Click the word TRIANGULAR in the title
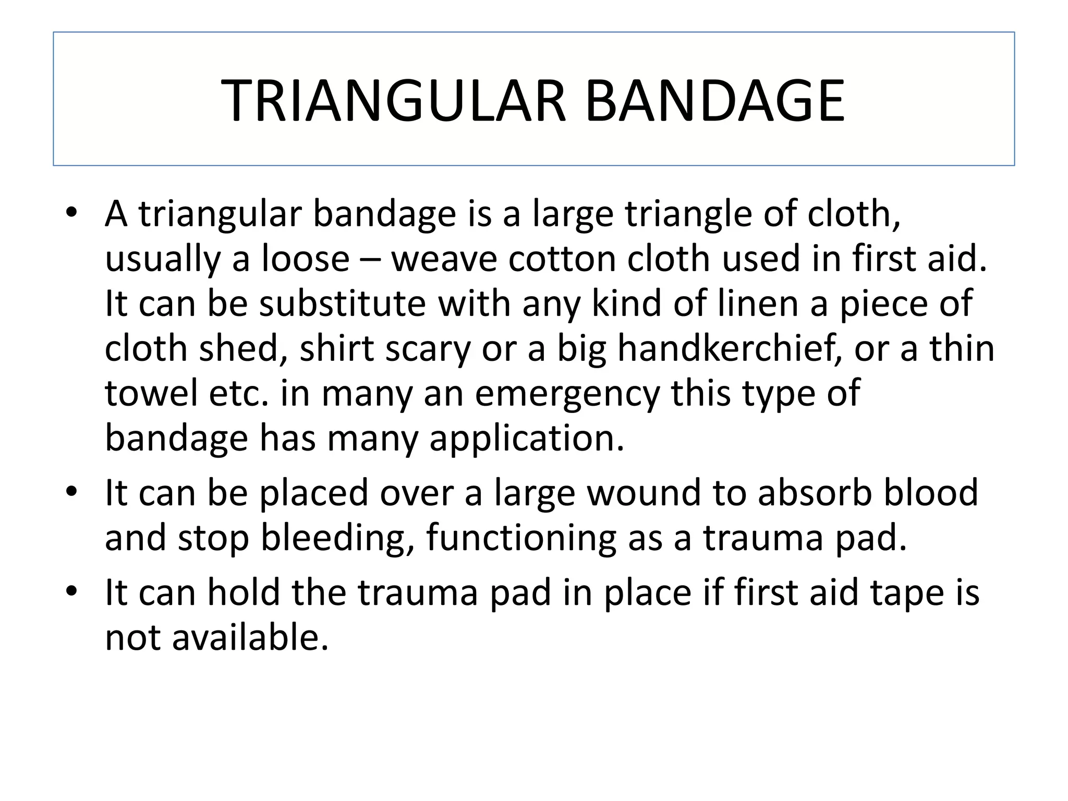[394, 101]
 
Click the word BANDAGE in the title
[714, 101]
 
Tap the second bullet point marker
[71, 492]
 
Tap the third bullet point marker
[71, 592]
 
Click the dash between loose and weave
[370, 259]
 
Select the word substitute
[343, 304]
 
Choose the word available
[250, 637]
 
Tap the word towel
[152, 393]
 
